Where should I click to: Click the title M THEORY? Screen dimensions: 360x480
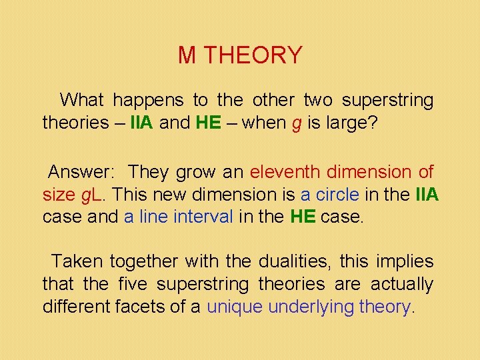point(240,55)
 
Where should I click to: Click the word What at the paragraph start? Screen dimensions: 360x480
point(81,101)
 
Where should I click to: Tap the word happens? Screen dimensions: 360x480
point(148,101)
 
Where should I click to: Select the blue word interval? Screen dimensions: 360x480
point(205,217)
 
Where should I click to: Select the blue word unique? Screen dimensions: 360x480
point(235,307)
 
